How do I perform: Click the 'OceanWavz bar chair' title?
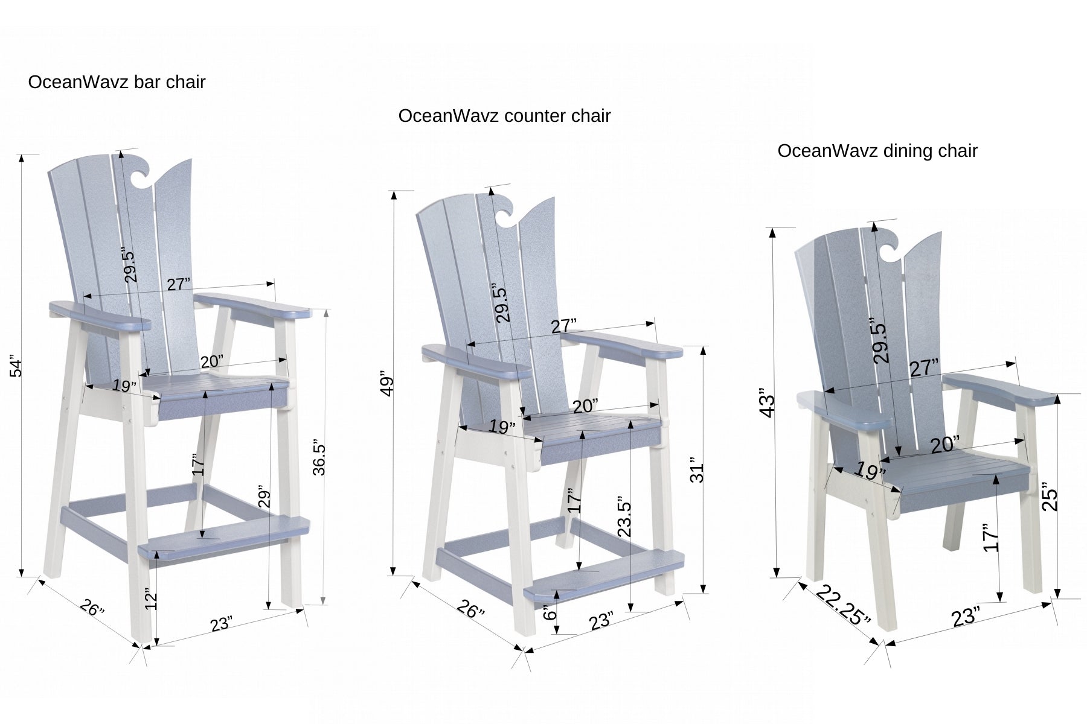coord(117,82)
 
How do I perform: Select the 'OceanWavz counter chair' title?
coord(504,116)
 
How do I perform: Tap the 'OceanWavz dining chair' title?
coord(877,151)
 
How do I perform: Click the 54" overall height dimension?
coord(18,368)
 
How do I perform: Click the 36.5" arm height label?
coord(319,459)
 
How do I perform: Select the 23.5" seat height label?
coord(625,519)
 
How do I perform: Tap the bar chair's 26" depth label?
coord(92,608)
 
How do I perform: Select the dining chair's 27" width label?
coord(925,368)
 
